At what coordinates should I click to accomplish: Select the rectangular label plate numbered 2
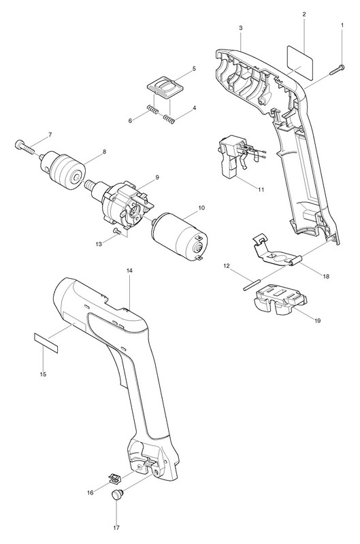coord(300,58)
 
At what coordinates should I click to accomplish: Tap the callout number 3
coord(241,28)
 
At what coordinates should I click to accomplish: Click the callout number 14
coord(129,270)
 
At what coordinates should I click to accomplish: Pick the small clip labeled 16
coord(114,477)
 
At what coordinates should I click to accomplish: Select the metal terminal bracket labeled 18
coord(277,250)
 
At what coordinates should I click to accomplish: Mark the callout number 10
coord(201,208)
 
